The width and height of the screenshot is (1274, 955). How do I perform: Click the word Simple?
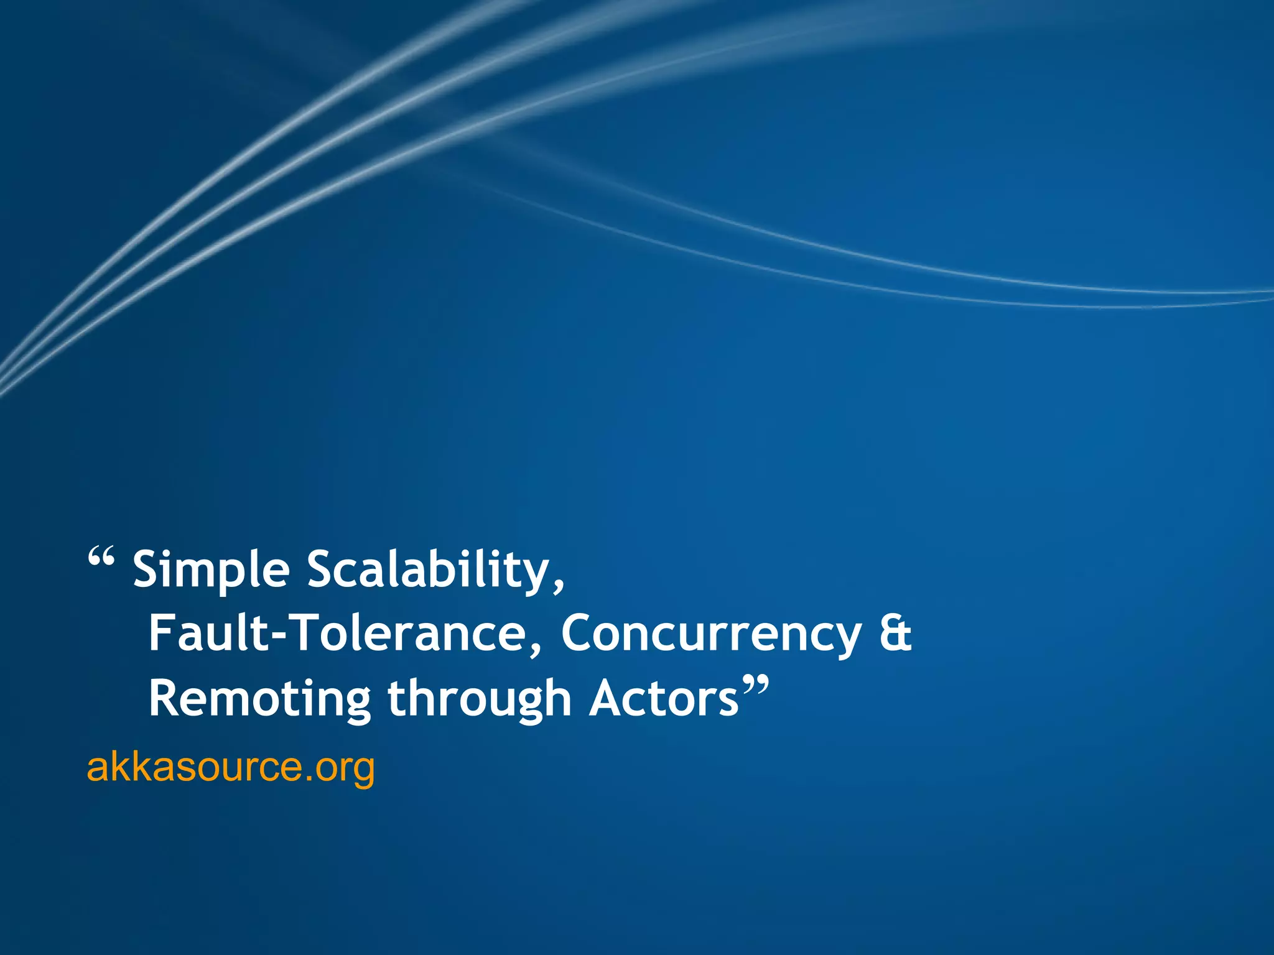[x=212, y=570]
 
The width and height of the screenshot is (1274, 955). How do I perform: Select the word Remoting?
[x=260, y=699]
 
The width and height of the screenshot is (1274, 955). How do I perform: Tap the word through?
[x=479, y=699]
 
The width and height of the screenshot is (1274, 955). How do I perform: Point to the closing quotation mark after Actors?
[x=755, y=687]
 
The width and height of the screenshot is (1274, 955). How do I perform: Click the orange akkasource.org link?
[x=231, y=767]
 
